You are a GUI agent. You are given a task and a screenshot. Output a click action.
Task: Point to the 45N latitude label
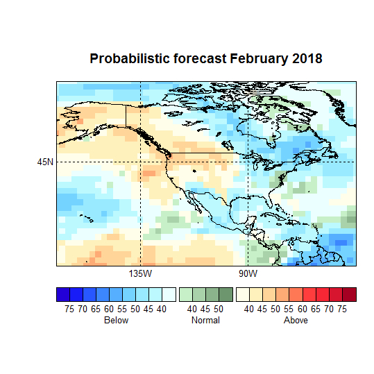(45, 162)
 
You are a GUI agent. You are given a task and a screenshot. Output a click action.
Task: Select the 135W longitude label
(140, 273)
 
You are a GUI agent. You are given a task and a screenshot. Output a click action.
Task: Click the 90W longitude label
(248, 273)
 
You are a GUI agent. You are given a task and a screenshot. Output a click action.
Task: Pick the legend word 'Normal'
(205, 321)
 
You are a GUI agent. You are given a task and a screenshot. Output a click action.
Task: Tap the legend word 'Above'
(296, 321)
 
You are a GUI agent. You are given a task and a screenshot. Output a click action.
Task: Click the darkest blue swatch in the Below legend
(63, 294)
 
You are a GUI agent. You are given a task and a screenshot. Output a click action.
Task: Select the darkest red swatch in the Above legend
(349, 294)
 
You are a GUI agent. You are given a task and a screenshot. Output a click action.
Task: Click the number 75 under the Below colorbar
(69, 309)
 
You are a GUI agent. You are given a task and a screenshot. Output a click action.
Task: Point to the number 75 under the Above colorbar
(343, 309)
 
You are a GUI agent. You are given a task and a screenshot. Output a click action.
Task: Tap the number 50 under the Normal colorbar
(219, 309)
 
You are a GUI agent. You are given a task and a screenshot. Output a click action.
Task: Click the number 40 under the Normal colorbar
(192, 309)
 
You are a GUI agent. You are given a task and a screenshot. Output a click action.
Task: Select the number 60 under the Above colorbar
(303, 309)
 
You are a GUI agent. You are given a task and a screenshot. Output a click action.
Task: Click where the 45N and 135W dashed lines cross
(140, 162)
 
